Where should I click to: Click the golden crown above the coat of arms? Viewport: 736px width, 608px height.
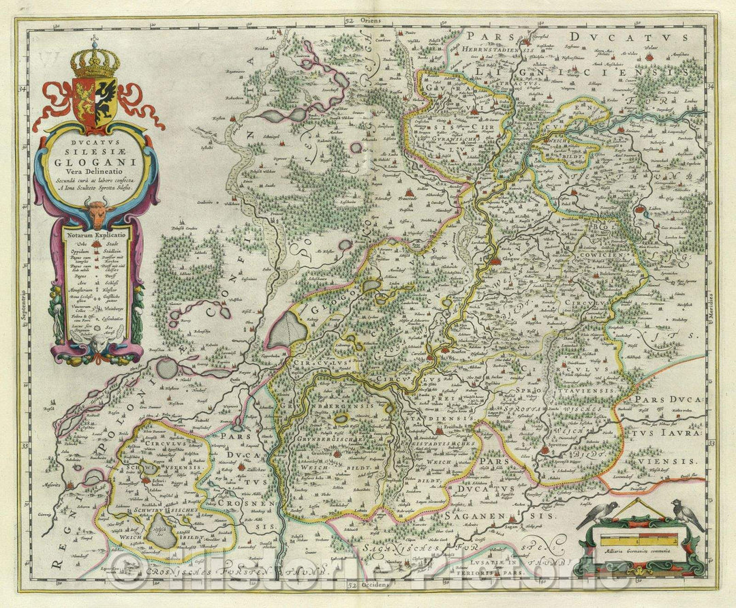pos(95,61)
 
